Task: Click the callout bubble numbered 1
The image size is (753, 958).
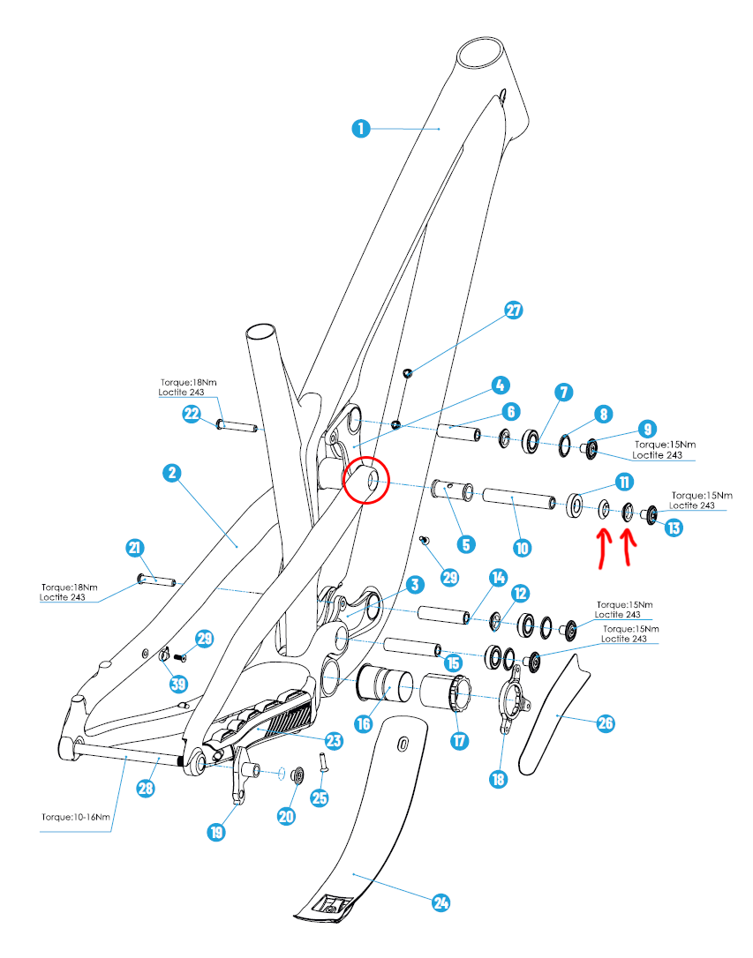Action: click(359, 128)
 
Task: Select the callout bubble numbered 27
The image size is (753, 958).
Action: click(514, 311)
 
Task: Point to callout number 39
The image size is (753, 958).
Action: click(179, 685)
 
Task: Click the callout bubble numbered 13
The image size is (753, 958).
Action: click(674, 528)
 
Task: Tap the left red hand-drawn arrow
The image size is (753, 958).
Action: click(603, 547)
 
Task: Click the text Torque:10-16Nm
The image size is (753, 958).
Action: click(76, 816)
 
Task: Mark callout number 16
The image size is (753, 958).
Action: click(363, 723)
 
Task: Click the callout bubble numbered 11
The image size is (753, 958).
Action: click(625, 482)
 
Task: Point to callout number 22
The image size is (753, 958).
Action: click(192, 414)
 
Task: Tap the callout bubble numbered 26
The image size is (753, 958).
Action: click(605, 723)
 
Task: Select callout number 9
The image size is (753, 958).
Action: click(647, 429)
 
